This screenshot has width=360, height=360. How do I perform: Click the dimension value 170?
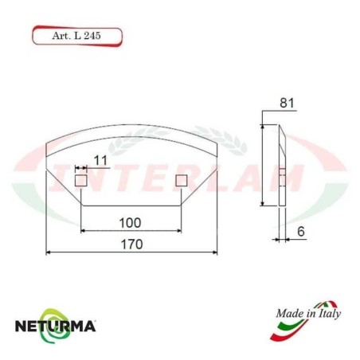pos(132,245)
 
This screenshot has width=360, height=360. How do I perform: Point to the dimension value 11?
pos(99,161)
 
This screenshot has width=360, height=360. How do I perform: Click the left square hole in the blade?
pos(80,182)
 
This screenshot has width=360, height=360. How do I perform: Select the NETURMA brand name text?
pos(57,326)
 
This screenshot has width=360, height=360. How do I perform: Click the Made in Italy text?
pos(309,315)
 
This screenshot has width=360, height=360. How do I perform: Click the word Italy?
pos(327,315)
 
